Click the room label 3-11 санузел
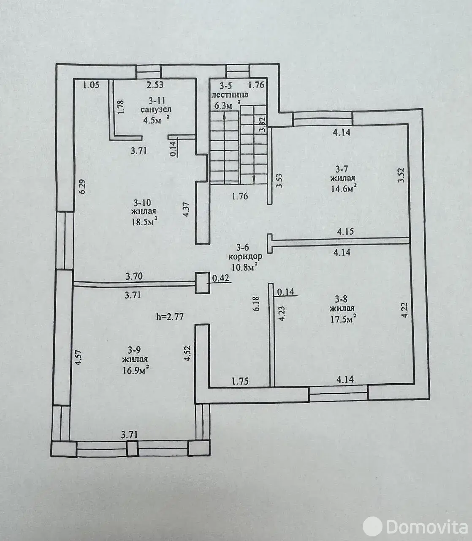[x=156, y=105]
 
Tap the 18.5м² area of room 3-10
[x=145, y=221]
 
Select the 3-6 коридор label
[x=245, y=252]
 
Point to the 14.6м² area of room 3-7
[x=344, y=189]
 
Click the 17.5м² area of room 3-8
[x=342, y=319]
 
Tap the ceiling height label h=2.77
[x=170, y=317]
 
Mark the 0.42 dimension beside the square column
[x=220, y=278]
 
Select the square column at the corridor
[x=202, y=283]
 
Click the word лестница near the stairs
[x=230, y=95]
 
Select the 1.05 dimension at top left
[x=91, y=85]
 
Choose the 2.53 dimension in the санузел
[x=155, y=85]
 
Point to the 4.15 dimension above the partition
[x=345, y=232]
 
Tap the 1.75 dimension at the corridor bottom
[x=240, y=382]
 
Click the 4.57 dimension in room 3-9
[x=78, y=358]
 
